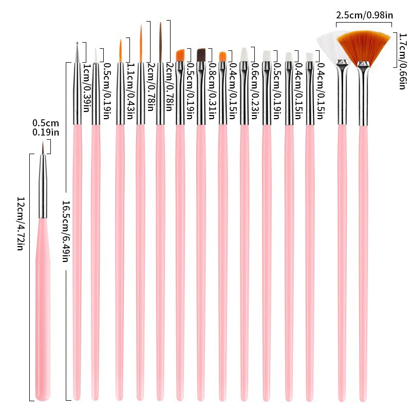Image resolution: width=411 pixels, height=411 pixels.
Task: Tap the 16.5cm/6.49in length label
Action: tap(65, 224)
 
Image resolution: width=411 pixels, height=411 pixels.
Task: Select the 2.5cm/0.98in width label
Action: tap(364, 15)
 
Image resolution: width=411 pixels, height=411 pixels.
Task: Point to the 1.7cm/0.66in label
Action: tap(402, 60)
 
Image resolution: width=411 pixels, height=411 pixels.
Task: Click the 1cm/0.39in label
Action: tap(86, 85)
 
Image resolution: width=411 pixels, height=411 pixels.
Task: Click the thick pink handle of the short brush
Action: tap(43, 308)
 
